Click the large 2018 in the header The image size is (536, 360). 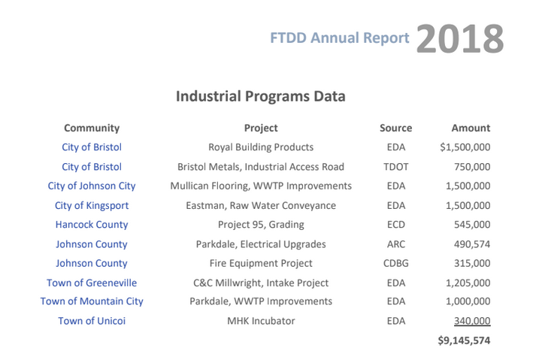[459, 38]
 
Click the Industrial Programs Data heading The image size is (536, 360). [260, 96]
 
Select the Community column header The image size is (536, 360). [92, 128]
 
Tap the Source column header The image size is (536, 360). [395, 128]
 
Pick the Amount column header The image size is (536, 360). [471, 128]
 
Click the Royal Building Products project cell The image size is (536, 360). [261, 147]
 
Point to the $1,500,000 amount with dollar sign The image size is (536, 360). [465, 147]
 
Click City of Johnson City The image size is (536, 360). [92, 186]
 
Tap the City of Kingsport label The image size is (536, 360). [92, 205]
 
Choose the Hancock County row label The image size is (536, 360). [92, 225]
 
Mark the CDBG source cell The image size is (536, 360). [395, 264]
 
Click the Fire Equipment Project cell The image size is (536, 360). [261, 264]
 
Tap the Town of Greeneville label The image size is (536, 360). [92, 283]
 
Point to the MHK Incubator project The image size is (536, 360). [261, 321]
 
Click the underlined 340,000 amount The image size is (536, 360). [472, 321]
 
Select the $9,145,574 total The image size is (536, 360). [464, 340]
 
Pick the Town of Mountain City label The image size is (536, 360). [92, 301]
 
